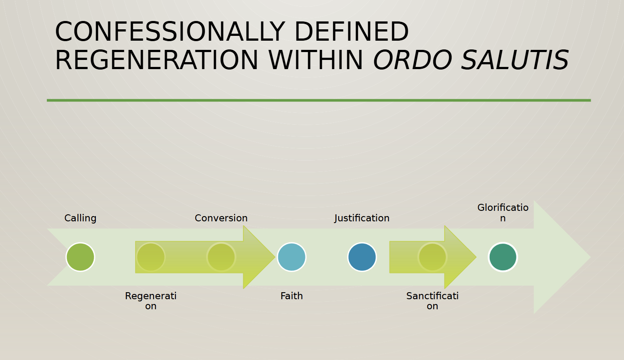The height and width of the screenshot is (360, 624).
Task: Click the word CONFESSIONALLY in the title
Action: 170,31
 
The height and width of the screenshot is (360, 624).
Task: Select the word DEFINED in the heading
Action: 351,31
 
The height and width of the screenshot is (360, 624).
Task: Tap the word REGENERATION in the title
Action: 157,60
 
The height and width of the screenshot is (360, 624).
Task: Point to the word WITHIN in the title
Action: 316,60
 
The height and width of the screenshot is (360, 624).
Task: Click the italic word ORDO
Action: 412,60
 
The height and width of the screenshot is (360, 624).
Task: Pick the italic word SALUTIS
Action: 515,60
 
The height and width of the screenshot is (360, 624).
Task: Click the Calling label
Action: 80,218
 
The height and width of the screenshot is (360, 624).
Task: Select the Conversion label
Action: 221,218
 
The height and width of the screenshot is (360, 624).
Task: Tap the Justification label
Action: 362,218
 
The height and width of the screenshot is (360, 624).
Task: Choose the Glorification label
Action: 503,213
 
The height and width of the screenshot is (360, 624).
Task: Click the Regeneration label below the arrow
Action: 151,301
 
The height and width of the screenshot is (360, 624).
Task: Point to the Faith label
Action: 292,296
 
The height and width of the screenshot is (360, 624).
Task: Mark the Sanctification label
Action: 432,301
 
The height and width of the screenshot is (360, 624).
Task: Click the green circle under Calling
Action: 80,257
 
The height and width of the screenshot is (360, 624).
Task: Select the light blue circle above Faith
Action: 292,257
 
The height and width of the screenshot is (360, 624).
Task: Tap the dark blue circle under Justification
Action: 362,257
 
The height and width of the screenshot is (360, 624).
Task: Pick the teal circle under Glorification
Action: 503,257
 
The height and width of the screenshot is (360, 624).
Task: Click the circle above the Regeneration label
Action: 151,257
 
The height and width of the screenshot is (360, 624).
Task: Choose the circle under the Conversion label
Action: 221,257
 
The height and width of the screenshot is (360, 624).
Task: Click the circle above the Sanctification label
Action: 432,257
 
